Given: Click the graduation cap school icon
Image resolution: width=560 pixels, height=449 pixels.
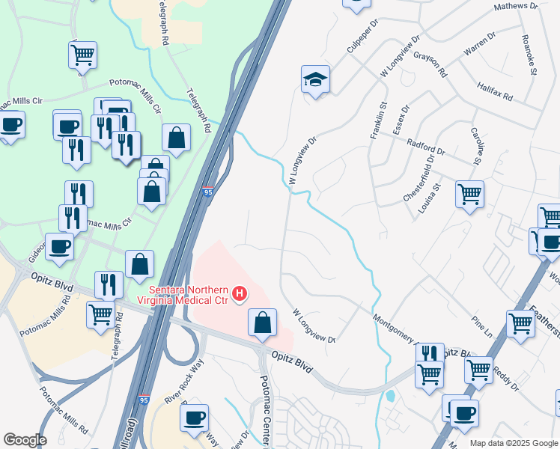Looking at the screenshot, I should click(316, 79).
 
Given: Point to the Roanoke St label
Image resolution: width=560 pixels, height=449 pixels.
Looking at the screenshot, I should click(529, 53).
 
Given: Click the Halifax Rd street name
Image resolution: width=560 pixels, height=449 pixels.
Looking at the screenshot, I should click(494, 92).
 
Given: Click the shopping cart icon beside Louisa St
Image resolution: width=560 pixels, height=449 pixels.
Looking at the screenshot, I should click(469, 195).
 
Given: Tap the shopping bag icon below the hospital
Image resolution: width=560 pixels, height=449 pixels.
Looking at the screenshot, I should click(263, 323).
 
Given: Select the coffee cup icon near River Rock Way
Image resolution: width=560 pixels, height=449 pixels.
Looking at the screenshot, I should click(195, 418).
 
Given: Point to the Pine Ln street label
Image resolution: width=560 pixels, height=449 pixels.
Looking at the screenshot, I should click(482, 329).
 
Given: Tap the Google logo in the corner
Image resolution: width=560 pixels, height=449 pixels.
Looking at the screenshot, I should click(24, 439).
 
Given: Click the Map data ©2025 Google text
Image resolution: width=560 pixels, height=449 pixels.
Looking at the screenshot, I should click(514, 443).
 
